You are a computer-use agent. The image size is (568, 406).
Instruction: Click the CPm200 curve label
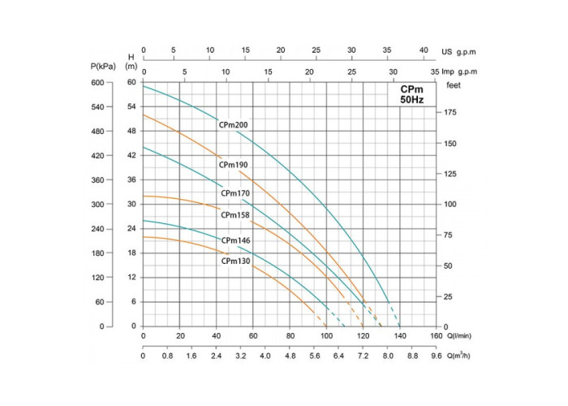tap(233, 125)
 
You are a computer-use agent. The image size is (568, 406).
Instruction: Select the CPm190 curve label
tap(233, 165)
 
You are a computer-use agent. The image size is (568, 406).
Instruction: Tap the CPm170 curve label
tap(235, 194)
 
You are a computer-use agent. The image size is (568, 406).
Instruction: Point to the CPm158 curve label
tap(235, 215)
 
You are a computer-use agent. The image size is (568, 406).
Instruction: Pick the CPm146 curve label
tap(235, 240)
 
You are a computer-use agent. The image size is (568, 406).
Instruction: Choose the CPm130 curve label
tap(235, 261)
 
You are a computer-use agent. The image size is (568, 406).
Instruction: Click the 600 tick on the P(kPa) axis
tap(98, 83)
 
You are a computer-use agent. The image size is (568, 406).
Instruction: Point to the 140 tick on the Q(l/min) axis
tap(400, 335)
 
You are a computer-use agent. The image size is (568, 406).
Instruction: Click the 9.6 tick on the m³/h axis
tap(437, 356)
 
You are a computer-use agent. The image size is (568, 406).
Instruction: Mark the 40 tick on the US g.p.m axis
tap(423, 50)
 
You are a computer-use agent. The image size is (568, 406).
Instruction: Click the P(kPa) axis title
tap(105, 65)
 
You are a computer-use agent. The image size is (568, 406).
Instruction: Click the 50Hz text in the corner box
tap(411, 99)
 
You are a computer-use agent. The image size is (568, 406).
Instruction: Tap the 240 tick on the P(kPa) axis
tap(98, 229)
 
